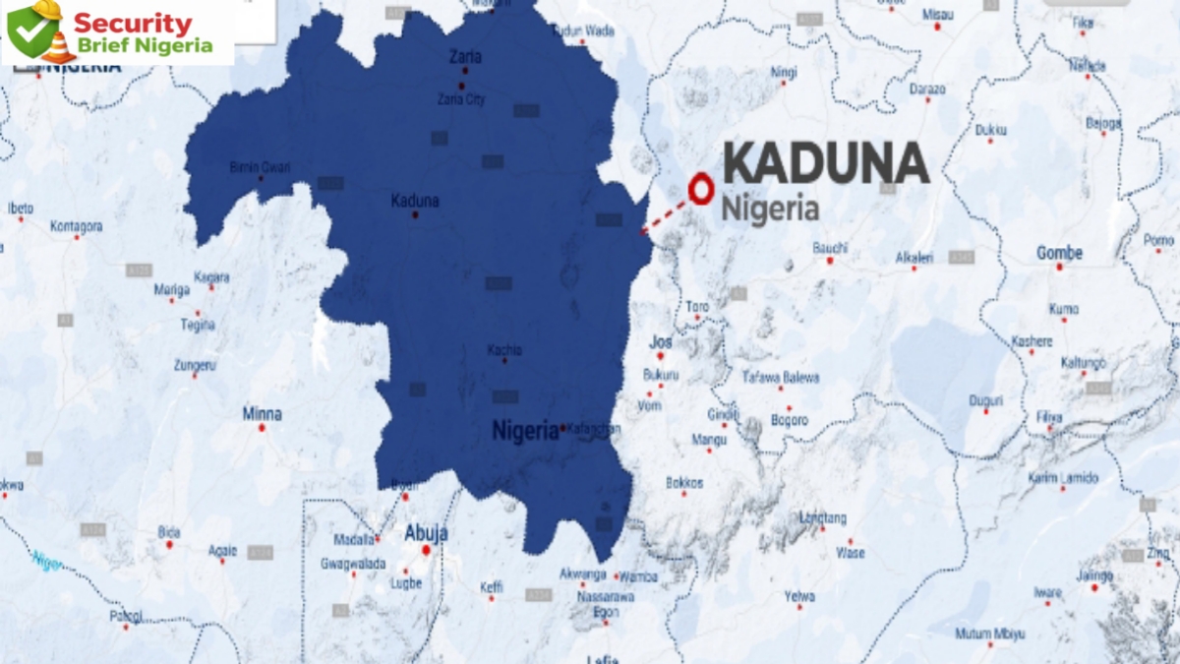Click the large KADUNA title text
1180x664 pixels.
[x=826, y=163]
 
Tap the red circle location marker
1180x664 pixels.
[x=701, y=188]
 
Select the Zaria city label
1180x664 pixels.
[x=464, y=57]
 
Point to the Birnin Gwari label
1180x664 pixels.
[x=260, y=166]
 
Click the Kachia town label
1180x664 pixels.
[x=504, y=350]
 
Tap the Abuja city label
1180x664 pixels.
[x=427, y=533]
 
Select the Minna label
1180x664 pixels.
[x=262, y=414]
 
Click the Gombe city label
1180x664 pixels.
[x=1059, y=253]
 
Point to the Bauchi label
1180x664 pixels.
[x=830, y=248]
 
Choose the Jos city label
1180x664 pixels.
[x=661, y=341]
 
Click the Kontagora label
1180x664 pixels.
[x=77, y=226]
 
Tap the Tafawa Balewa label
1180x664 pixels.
[x=780, y=378]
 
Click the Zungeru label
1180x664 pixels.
[x=195, y=365]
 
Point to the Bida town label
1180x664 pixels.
[x=169, y=532]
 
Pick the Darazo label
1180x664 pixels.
[x=927, y=89]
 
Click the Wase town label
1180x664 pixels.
[x=851, y=553]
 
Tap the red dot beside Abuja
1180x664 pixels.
[x=426, y=550]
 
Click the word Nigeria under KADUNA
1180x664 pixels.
[x=770, y=209]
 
